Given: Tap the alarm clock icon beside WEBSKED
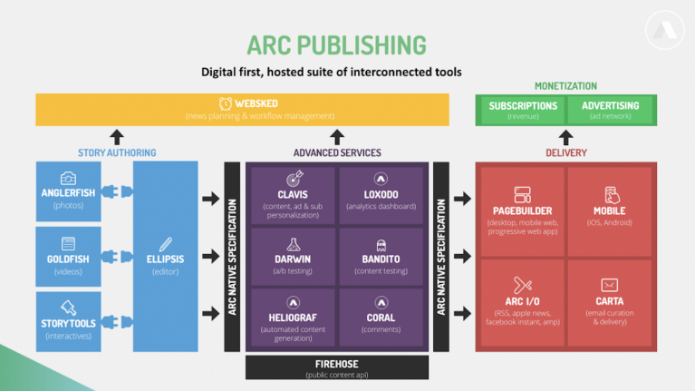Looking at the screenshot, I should [x=225, y=103].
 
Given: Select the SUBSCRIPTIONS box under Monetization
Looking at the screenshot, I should [x=523, y=110].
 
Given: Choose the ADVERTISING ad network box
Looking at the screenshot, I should [x=610, y=110].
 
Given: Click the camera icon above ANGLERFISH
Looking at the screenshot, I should [x=68, y=179].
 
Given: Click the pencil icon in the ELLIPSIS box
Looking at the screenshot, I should [x=165, y=243].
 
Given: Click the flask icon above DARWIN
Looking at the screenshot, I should [x=293, y=244].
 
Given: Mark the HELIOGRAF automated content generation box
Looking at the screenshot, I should [x=293, y=318].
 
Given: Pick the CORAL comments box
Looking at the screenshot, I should [x=381, y=318].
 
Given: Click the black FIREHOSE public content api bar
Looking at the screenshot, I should [x=336, y=367].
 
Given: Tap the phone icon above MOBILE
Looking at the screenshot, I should [x=611, y=194].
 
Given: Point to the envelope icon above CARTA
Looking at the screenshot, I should [x=610, y=285].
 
